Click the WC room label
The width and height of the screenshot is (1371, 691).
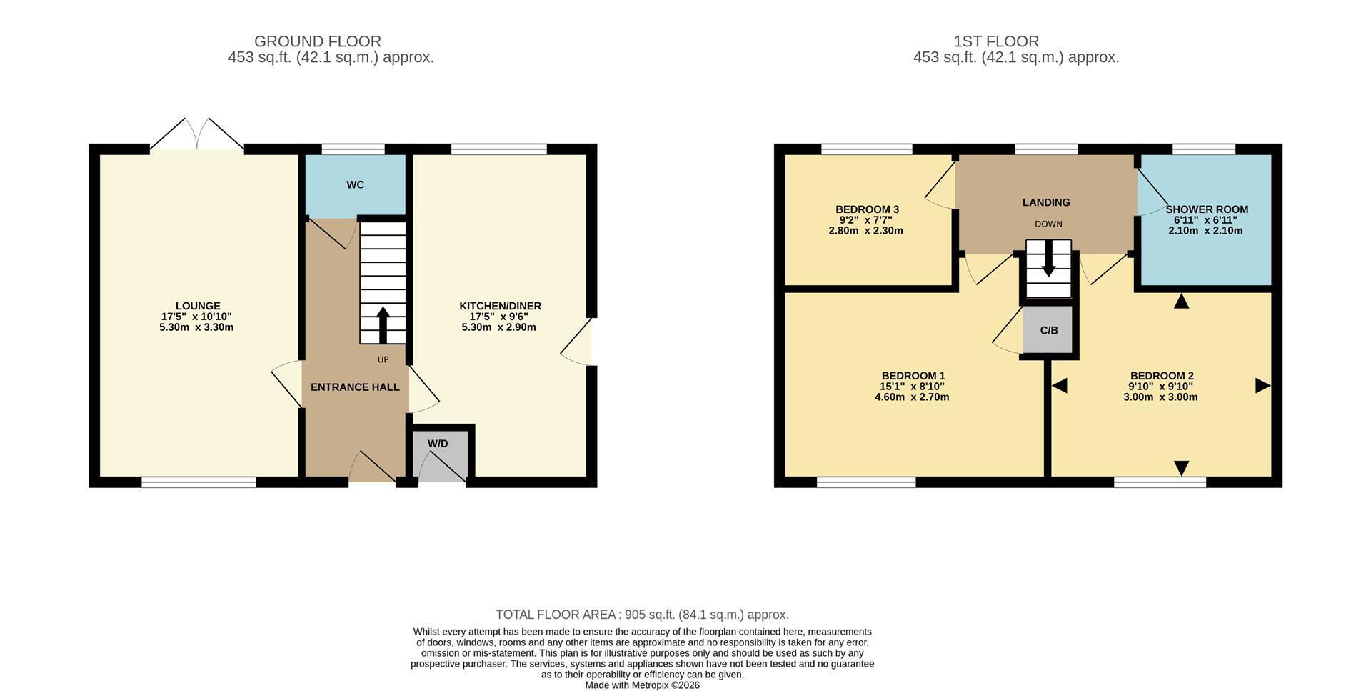point(356,184)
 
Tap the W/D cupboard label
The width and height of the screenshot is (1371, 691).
point(438,444)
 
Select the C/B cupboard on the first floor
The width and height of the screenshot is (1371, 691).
point(1048,330)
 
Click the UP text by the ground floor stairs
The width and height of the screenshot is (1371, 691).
point(383,359)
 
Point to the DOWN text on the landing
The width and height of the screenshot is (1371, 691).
point(1048,224)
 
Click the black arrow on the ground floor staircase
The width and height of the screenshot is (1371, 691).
point(383,325)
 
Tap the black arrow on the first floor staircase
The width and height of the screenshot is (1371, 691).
point(1048,259)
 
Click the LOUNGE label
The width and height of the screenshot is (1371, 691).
point(198,306)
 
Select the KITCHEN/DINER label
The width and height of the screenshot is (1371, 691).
point(500,306)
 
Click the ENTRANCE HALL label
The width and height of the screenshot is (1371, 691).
point(355,387)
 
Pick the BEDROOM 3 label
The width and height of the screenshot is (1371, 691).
point(867,209)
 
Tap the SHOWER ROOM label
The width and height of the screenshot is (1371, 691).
point(1207,209)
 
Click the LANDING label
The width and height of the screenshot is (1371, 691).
point(1046,202)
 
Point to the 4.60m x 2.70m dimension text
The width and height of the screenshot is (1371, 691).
point(912,397)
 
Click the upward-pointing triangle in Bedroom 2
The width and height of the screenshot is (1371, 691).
point(1181,301)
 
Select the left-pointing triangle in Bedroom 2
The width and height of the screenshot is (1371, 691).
point(1059,386)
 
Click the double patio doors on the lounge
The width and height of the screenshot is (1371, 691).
point(197,134)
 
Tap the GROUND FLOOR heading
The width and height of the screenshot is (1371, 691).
point(318,41)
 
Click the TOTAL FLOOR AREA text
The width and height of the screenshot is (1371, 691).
point(556,615)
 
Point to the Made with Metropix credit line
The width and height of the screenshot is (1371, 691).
point(643,685)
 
